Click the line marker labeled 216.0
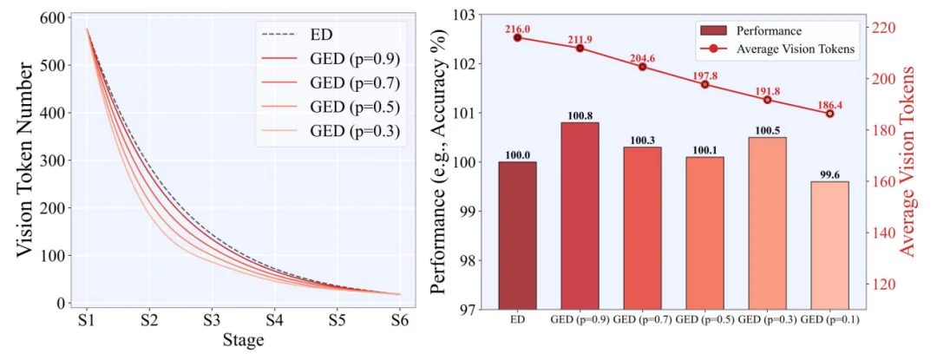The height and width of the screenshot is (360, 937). pos(517,37)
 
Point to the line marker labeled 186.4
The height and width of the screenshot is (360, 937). pos(829,114)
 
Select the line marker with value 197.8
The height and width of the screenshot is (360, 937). pos(704,84)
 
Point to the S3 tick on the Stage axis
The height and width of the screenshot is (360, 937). pos(211,319)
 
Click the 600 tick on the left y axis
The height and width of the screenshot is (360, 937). pos(54,19)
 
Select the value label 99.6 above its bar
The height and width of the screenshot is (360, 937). pos(829,172)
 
